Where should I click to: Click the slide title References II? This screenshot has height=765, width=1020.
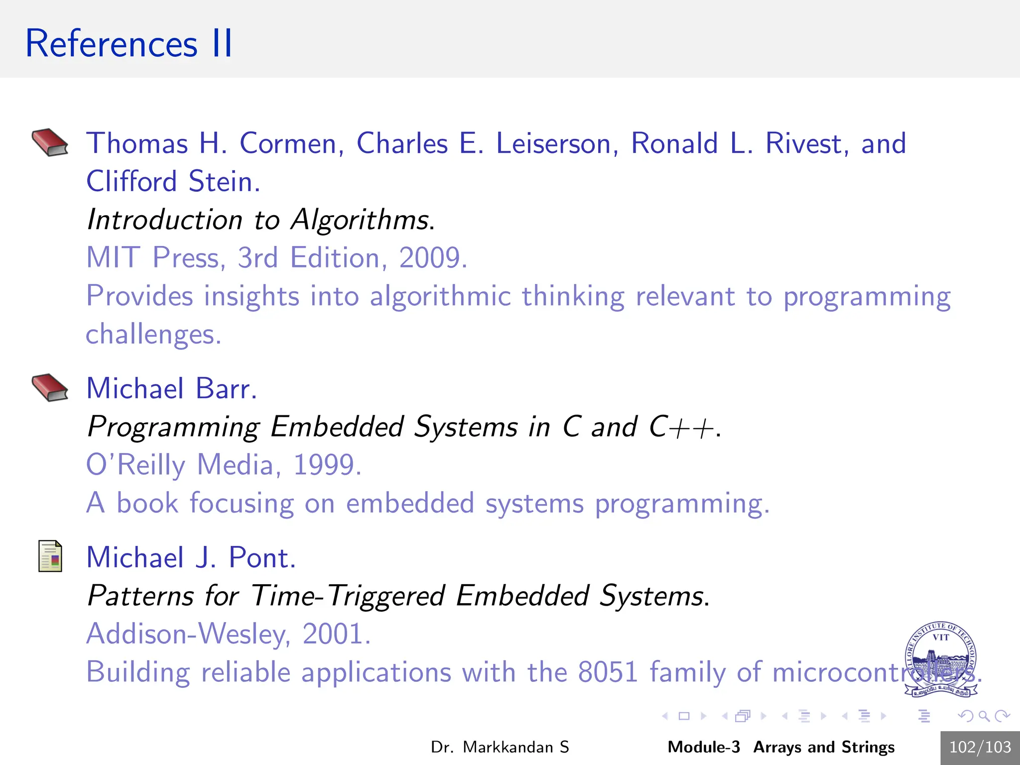(x=128, y=44)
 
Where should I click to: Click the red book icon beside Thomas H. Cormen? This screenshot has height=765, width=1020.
(x=50, y=142)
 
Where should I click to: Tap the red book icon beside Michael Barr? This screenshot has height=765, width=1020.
(x=50, y=387)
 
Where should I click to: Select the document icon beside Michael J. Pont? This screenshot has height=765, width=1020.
(x=50, y=556)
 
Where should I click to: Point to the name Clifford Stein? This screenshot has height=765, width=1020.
(x=173, y=181)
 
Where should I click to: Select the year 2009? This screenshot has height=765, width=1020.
(x=431, y=258)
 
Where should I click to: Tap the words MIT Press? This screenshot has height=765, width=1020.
(x=152, y=258)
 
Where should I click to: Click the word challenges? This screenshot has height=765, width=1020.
(x=152, y=334)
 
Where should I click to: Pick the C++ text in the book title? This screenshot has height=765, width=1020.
(x=683, y=427)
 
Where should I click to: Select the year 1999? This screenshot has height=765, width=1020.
(x=326, y=465)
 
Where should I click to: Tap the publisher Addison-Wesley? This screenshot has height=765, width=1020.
(x=187, y=634)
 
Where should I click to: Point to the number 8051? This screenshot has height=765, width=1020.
(x=608, y=672)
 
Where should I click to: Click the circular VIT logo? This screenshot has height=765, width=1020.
(x=940, y=658)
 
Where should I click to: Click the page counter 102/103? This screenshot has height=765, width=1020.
(x=980, y=748)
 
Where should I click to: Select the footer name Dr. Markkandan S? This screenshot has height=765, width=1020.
(x=500, y=748)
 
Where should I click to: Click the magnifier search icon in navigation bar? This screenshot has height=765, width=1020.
(x=984, y=716)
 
